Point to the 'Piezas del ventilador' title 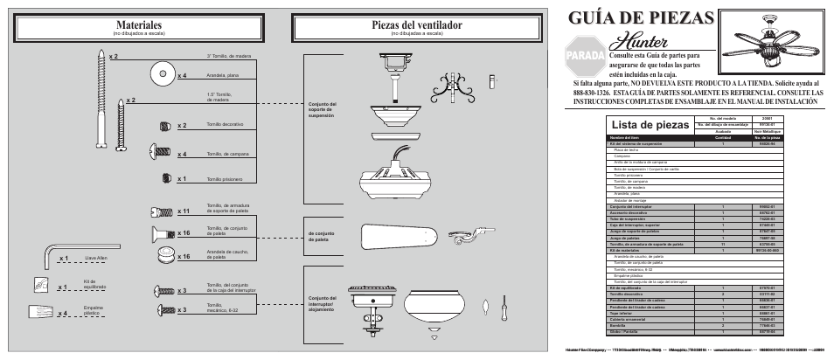click(416, 25)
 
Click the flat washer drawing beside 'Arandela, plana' click(161, 73)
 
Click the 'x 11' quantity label click(184, 211)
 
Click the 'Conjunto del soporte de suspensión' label click(322, 110)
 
